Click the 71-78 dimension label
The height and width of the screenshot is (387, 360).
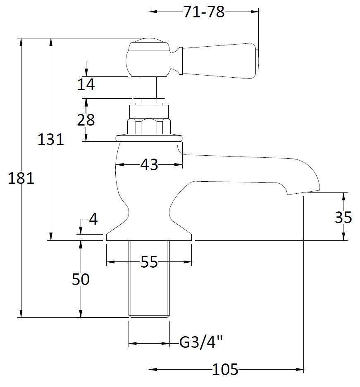204,12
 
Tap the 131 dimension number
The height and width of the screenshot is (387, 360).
50,139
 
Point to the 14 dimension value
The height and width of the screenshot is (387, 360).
86,84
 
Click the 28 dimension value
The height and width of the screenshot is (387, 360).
86,120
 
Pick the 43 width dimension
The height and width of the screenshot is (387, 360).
149,164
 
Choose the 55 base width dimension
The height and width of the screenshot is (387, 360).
149,261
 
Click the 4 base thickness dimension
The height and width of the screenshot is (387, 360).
93,219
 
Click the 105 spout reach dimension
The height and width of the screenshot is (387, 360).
225,369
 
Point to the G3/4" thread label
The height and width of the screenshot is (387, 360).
201,342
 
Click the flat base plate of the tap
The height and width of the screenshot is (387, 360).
149,237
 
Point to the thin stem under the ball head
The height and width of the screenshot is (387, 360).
148,87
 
